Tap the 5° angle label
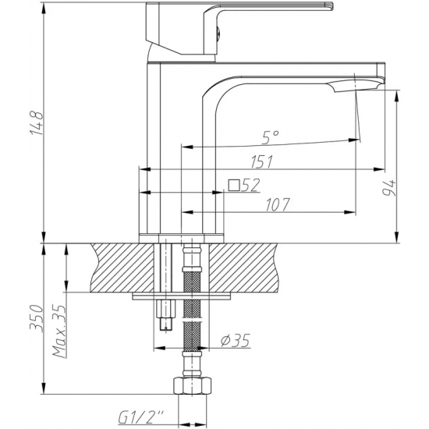tap(270, 138)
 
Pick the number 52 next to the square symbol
tap(250, 185)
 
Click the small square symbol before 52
tap(232, 185)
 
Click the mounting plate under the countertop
tap(183, 296)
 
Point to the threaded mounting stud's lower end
tap(165, 321)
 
